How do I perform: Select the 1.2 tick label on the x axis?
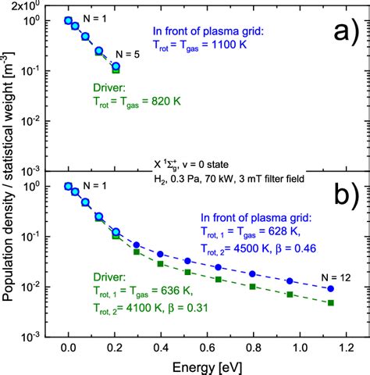343,348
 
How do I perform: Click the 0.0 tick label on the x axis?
68,348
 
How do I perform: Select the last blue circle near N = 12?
331,288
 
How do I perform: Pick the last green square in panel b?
331,302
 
